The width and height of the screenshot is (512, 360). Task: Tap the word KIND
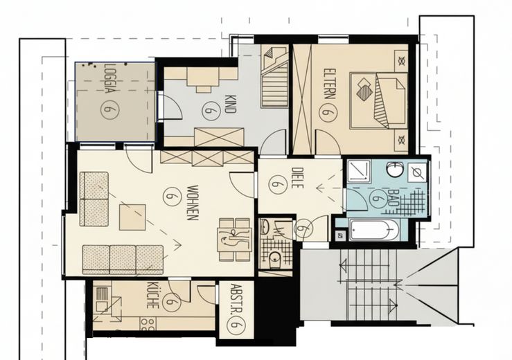pos(231,104)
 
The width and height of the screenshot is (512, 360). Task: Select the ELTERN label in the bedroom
pos(329,84)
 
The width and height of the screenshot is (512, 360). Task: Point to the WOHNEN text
pos(193,203)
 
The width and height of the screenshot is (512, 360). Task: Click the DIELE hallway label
pos(297,178)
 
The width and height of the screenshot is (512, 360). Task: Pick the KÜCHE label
pos(152,296)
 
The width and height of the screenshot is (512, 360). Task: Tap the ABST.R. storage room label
pos(235,298)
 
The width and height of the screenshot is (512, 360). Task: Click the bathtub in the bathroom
pos(374,230)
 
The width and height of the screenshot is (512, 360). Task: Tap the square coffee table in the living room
pos(132,217)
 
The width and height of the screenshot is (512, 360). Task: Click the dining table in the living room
pos(235,240)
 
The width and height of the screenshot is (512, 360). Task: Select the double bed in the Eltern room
pos(378,100)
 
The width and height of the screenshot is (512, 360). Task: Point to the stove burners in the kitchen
pos(148,325)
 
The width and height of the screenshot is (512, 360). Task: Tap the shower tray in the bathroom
pos(358,171)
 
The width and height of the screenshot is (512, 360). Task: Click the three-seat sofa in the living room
pos(123,260)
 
